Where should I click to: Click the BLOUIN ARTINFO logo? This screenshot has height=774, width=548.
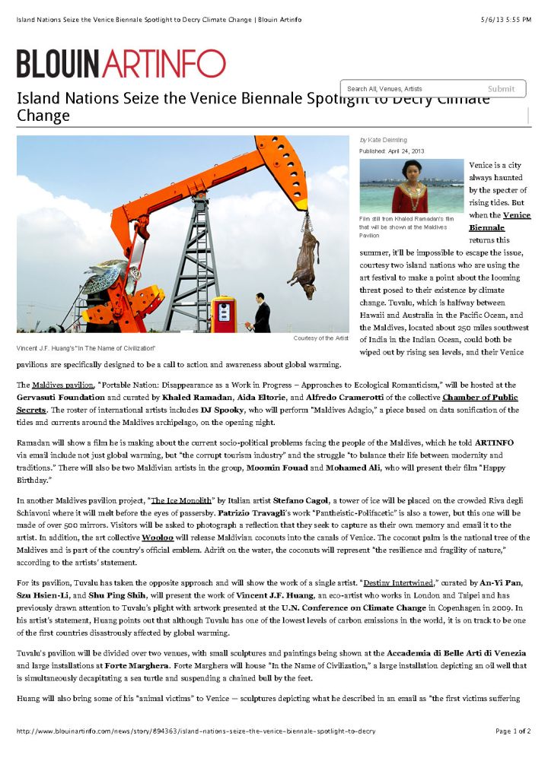coord(121,63)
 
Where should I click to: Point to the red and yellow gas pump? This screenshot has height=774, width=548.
coord(225,315)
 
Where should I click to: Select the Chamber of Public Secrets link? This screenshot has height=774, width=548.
coord(480,398)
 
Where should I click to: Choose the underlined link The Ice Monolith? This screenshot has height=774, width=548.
coord(183,500)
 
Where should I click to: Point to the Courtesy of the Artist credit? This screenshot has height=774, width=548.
coord(320,337)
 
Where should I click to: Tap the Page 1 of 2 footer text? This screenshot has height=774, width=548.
coord(513,731)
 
